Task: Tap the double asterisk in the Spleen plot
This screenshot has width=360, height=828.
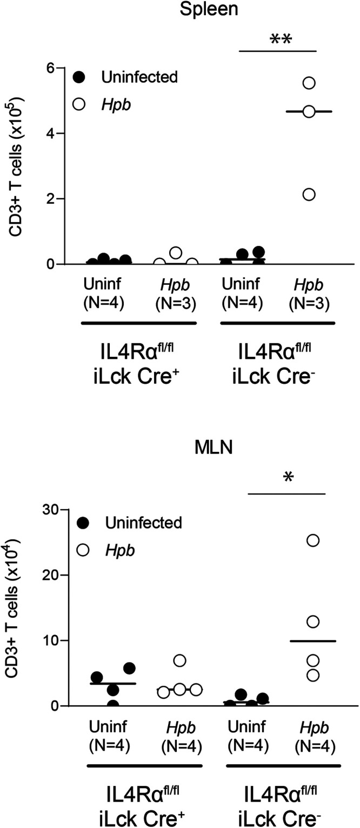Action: [285, 41]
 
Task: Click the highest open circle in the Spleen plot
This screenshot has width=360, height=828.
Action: [309, 83]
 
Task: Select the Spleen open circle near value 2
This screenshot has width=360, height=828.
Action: [309, 195]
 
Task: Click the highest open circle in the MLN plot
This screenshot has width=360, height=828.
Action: [313, 540]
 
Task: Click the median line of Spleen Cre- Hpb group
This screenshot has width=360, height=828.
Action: [309, 111]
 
